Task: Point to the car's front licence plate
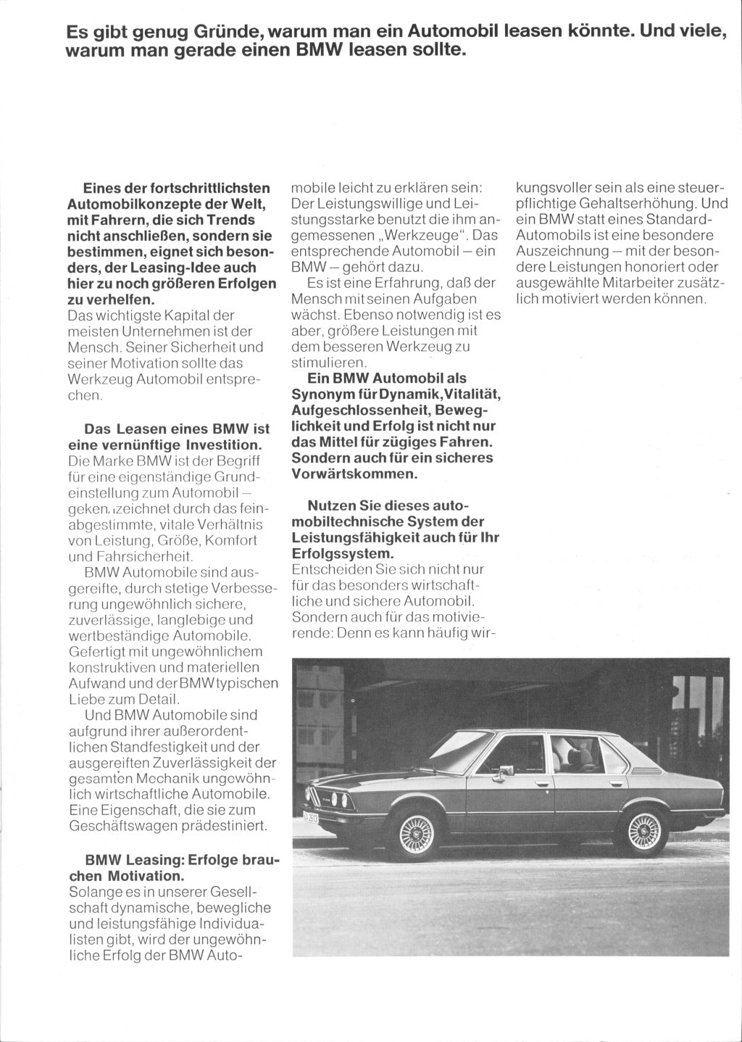coord(304,818)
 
